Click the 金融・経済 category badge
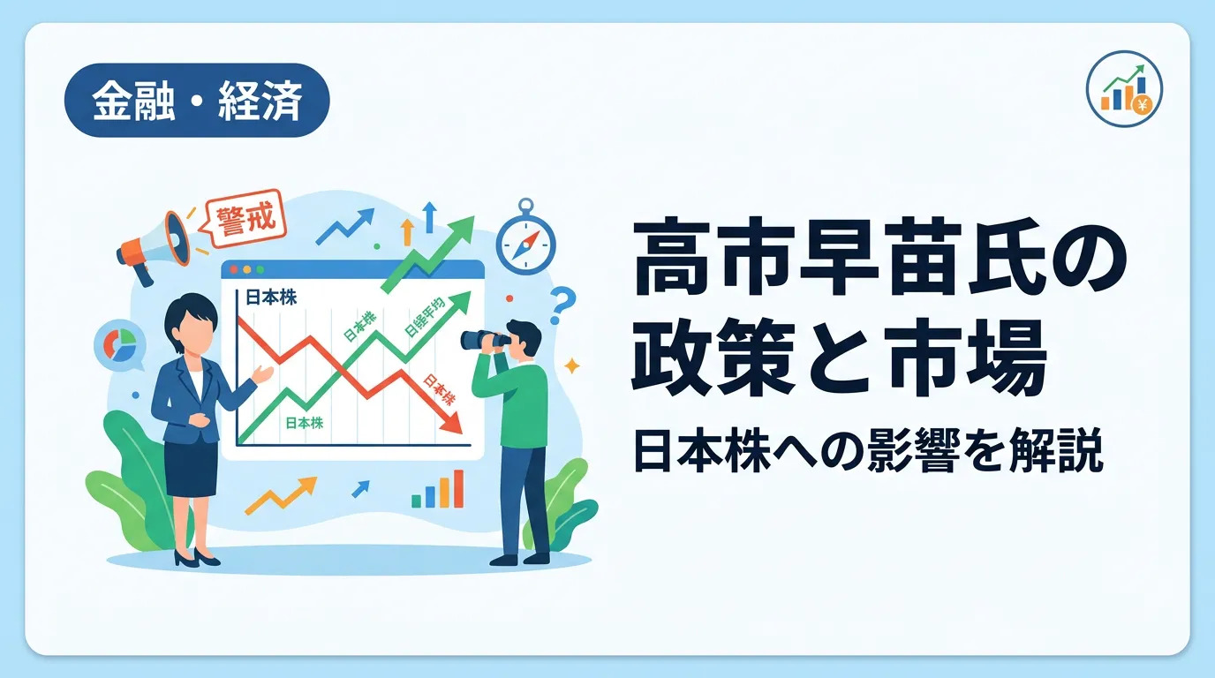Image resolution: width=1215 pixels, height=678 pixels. (197, 101)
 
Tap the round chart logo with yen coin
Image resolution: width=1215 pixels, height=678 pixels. (1124, 89)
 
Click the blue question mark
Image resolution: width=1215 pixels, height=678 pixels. (562, 305)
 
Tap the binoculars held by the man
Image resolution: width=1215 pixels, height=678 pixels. (485, 340)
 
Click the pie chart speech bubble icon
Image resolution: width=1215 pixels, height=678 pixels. (120, 347)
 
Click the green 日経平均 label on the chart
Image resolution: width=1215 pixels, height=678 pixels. (425, 317)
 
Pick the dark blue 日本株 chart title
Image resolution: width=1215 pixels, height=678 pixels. (271, 298)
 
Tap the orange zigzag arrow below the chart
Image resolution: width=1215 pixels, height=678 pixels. (281, 495)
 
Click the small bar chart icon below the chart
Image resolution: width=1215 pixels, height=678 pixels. (438, 489)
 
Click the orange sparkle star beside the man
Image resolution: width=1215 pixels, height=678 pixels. (571, 366)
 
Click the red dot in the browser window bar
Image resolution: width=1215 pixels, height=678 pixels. (234, 269)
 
